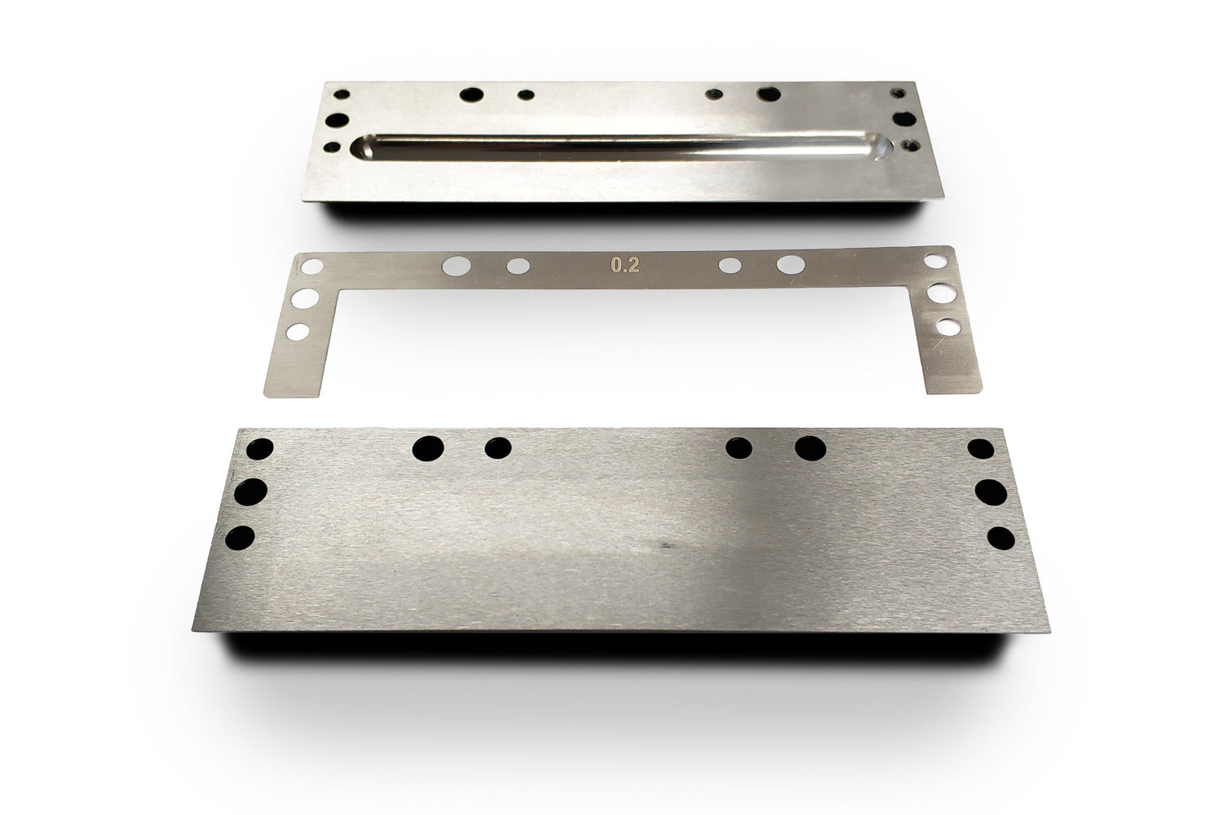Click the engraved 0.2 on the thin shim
624,264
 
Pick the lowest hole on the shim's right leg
947,327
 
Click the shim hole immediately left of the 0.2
518,266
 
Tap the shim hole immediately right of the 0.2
731,265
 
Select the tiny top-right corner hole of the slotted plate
901,93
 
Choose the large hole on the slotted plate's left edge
335,120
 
